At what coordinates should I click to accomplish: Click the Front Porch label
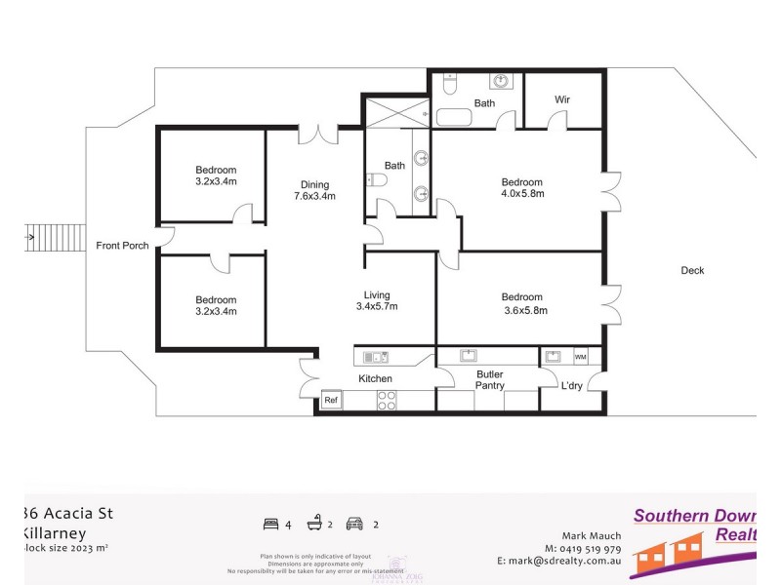(122, 246)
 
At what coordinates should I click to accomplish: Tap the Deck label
(692, 271)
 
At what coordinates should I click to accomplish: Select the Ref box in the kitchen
(332, 400)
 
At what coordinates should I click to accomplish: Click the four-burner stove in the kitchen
(386, 400)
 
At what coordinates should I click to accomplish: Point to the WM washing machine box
(580, 357)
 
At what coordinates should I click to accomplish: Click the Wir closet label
(562, 99)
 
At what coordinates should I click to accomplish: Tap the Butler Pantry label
(490, 379)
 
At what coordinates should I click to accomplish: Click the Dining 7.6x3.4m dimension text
(314, 196)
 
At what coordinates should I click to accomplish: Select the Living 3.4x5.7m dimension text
(377, 307)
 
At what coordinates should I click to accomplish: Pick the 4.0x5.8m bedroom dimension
(522, 194)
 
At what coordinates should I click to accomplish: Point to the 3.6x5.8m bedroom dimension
(522, 311)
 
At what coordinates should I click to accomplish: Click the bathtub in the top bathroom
(454, 118)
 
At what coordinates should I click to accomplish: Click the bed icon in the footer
(270, 525)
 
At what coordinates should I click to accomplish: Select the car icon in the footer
(354, 525)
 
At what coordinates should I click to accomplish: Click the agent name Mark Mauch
(592, 535)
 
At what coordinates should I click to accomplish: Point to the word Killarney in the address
(54, 533)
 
